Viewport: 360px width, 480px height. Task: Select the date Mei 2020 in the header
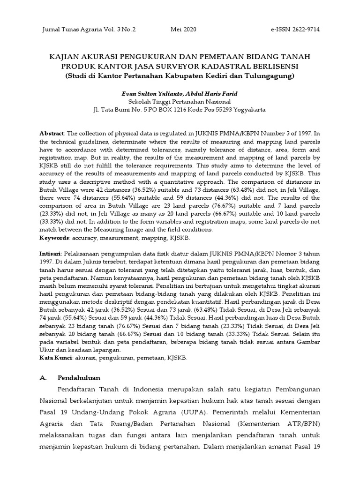[x=184, y=30]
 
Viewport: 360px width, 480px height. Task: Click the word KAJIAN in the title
[x=65, y=56]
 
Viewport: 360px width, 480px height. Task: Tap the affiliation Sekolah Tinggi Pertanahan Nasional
[x=180, y=101]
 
